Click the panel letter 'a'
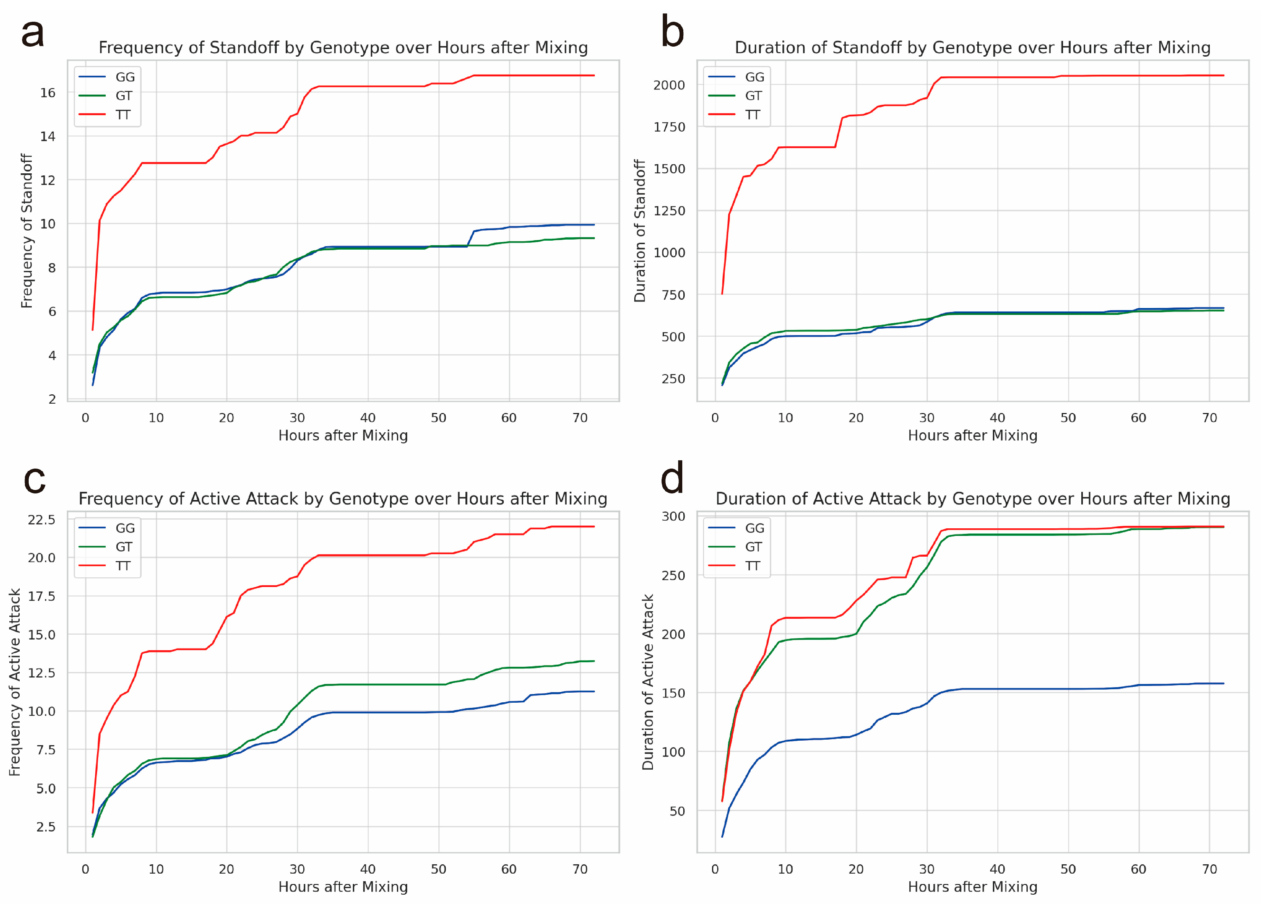32,33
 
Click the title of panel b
972,48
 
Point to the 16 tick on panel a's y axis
48,93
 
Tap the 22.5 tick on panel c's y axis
42,520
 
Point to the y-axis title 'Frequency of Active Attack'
15,682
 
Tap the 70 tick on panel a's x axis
580,418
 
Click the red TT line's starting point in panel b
722,294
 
